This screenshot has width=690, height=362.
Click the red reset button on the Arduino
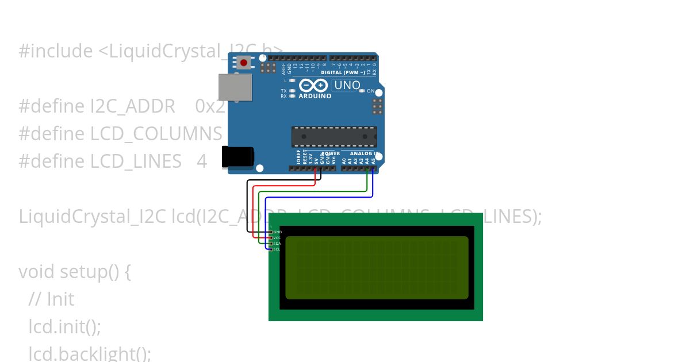[244, 62]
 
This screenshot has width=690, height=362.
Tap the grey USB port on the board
[235, 87]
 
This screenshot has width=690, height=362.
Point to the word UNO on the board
[347, 86]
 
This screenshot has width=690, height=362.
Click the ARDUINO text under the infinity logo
[315, 96]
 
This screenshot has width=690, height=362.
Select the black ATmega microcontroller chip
[334, 137]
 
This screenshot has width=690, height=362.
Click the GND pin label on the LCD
[277, 232]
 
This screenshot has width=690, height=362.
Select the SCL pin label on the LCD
[277, 249]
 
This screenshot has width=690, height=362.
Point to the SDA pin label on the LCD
[277, 244]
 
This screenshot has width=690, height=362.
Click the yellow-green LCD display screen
[377, 268]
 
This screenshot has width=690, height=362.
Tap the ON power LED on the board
[361, 91]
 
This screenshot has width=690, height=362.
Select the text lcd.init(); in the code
[64, 326]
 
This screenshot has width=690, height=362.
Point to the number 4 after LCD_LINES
[202, 161]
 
